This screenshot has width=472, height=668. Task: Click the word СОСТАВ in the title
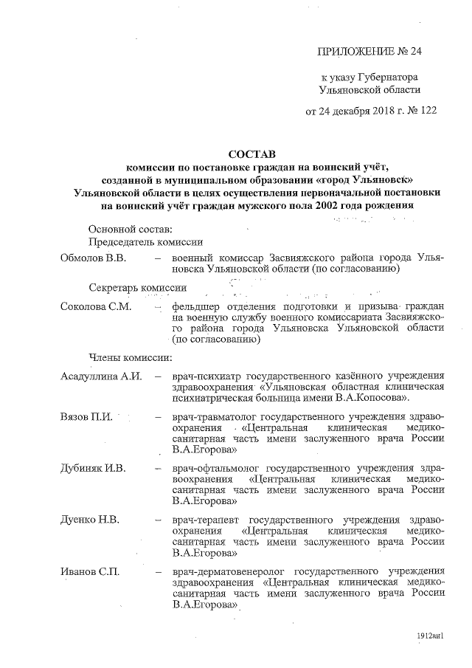pos(250,155)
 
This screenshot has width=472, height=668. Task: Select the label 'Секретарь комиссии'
pos(137,286)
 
